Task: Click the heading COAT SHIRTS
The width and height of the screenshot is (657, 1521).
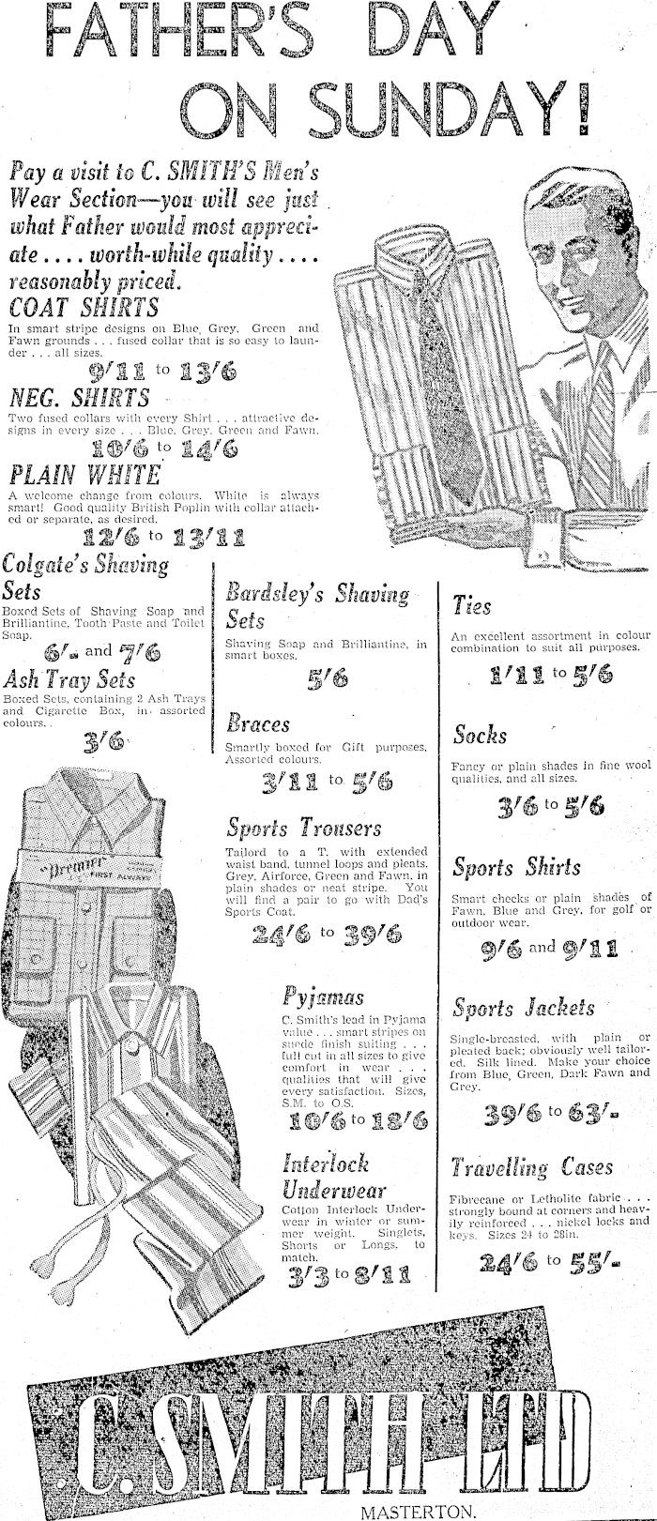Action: [84, 308]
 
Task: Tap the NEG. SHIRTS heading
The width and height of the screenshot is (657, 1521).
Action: [79, 397]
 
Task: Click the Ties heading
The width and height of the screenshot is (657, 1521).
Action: [472, 605]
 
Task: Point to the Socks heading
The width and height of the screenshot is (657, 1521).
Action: [480, 735]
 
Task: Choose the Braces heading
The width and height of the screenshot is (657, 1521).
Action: [258, 724]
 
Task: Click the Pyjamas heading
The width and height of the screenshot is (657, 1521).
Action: [323, 996]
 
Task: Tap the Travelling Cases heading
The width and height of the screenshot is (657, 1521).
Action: [531, 1168]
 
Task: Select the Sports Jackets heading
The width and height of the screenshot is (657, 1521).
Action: [523, 1009]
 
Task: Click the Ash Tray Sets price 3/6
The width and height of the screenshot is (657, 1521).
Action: [103, 742]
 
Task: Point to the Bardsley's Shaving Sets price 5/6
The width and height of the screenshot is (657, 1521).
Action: [327, 678]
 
